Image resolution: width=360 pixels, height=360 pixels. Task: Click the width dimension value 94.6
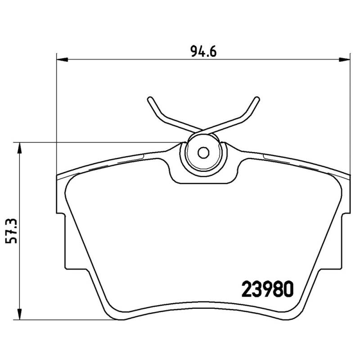coord(204,52)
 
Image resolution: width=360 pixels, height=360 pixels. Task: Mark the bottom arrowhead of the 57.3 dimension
coord(19,315)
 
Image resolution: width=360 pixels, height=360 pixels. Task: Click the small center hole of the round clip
coord(204,153)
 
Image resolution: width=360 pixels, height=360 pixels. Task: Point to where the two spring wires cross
coord(204,128)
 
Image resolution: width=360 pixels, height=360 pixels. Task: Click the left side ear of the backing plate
coord(61,238)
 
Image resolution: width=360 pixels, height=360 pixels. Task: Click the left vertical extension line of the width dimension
coord(56,112)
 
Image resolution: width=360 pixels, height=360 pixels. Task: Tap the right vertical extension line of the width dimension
coord(350,112)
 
